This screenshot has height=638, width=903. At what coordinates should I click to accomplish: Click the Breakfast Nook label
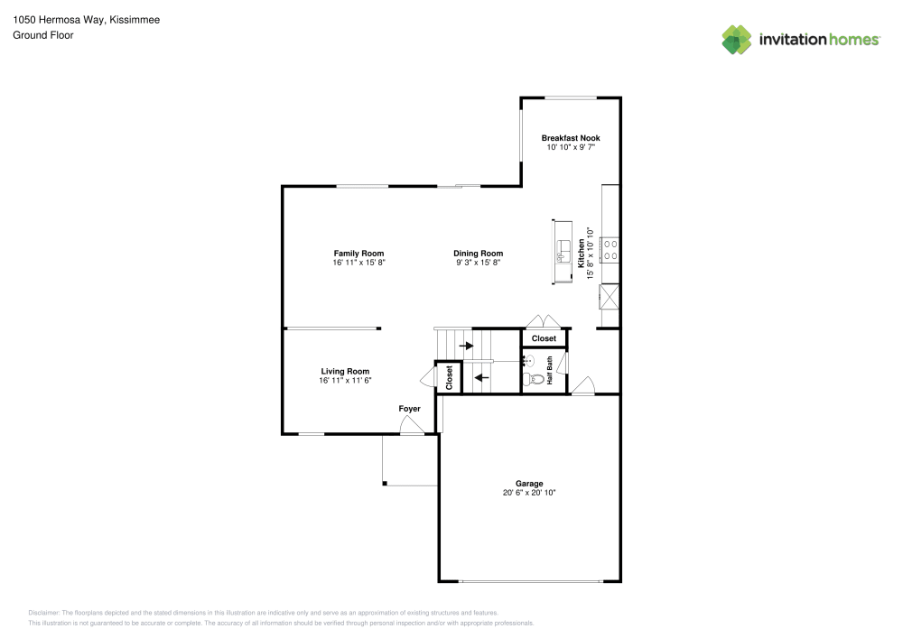click(x=570, y=138)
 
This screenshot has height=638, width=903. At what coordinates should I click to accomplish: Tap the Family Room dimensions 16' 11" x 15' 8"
click(x=358, y=263)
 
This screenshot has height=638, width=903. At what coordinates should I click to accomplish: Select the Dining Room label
click(x=478, y=254)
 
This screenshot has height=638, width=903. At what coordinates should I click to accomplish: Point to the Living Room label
click(x=345, y=371)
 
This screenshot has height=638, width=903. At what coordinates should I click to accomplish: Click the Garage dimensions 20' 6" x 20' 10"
click(x=528, y=493)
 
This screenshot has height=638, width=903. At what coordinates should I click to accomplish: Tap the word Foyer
click(x=409, y=409)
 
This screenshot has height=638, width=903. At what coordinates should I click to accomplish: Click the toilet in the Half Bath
click(x=534, y=379)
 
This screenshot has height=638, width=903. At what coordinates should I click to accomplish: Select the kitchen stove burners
click(x=610, y=250)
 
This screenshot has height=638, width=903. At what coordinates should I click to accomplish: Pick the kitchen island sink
click(x=563, y=252)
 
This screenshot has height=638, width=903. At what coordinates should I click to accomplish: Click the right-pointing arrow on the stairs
click(x=466, y=346)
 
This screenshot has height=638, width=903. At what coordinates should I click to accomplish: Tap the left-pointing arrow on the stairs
click(x=481, y=378)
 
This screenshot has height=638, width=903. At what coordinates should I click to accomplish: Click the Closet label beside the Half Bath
click(x=544, y=338)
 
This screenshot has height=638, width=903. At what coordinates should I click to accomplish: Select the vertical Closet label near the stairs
click(x=449, y=377)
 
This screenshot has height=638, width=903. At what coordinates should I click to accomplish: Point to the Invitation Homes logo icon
click(x=737, y=40)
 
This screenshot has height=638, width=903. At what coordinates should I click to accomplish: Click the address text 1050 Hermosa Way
click(x=58, y=20)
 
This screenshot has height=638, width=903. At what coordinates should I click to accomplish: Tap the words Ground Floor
click(x=43, y=35)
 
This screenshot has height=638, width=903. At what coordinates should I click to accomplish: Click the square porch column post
click(x=385, y=484)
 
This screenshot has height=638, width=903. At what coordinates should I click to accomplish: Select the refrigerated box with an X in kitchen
click(x=610, y=297)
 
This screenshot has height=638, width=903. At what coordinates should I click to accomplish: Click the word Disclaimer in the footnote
click(x=43, y=613)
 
